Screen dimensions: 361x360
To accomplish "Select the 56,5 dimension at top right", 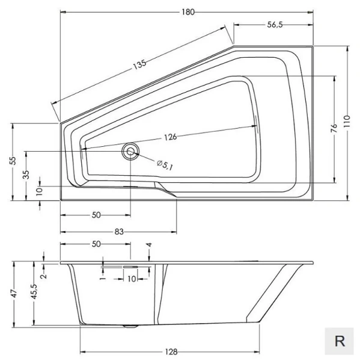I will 273,25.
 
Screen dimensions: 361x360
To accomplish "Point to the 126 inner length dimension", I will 170,137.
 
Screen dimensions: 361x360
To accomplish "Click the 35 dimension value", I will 26,174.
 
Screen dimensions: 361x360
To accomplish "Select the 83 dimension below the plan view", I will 118,232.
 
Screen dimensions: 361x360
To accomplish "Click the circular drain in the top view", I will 130,151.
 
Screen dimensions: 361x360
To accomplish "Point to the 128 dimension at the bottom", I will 172,352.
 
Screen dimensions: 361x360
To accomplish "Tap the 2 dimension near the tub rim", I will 43,276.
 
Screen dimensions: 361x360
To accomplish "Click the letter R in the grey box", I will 340,341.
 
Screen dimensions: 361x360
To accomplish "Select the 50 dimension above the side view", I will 96,244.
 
